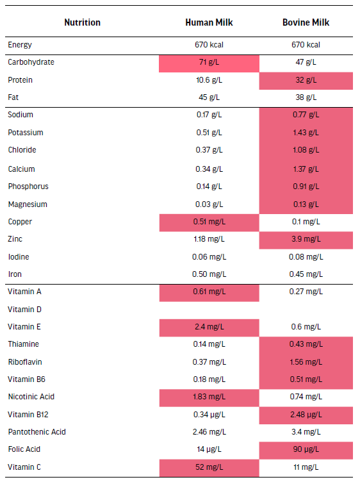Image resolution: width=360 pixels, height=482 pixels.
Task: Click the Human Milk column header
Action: pyautogui.click(x=209, y=22)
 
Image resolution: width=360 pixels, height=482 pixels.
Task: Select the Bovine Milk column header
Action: pyautogui.click(x=306, y=22)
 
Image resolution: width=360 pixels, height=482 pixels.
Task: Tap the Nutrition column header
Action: pyautogui.click(x=83, y=22)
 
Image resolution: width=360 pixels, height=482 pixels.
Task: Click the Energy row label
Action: pyautogui.click(x=20, y=45)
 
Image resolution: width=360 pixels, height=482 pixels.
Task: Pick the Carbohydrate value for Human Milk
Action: pyautogui.click(x=209, y=62)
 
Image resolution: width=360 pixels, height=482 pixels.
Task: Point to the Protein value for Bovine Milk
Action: pyautogui.click(x=306, y=80)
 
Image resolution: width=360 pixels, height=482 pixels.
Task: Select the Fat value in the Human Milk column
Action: pyautogui.click(x=209, y=97)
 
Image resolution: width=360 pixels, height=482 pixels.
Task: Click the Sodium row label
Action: pyautogui.click(x=20, y=115)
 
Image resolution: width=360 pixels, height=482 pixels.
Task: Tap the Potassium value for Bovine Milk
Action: pyautogui.click(x=306, y=133)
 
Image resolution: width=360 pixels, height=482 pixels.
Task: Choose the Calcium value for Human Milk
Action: pyautogui.click(x=209, y=169)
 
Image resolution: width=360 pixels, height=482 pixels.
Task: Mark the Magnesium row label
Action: pyautogui.click(x=28, y=204)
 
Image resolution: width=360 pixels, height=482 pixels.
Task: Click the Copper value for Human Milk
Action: pyautogui.click(x=209, y=222)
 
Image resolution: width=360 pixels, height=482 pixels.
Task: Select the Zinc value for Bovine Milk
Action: pyautogui.click(x=306, y=239)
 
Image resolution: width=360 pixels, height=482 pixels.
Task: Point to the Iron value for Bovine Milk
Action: pyautogui.click(x=306, y=274)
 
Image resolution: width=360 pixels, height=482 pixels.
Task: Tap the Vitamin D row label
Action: pyautogui.click(x=24, y=309)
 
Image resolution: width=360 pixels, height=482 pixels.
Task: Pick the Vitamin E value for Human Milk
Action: pyautogui.click(x=209, y=327)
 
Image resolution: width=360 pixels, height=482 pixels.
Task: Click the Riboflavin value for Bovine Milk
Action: pyautogui.click(x=306, y=362)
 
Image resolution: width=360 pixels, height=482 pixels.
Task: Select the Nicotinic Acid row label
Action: pyautogui.click(x=31, y=397)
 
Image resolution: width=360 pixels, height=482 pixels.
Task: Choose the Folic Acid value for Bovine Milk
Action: pyautogui.click(x=306, y=449)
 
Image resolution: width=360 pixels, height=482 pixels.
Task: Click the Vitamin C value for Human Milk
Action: pyautogui.click(x=209, y=467)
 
